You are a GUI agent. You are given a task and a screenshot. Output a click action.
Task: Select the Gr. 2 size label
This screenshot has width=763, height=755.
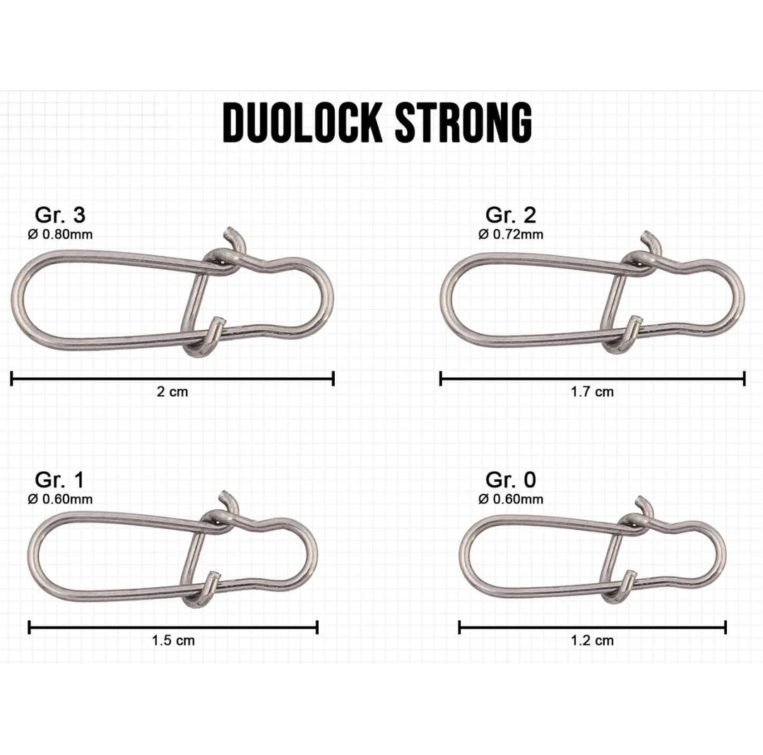510,215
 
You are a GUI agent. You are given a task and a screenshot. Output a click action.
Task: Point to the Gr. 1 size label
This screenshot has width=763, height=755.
59,481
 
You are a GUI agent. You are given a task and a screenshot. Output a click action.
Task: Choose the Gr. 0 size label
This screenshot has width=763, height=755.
510,481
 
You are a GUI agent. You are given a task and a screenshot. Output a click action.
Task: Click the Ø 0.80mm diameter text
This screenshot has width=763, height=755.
60,235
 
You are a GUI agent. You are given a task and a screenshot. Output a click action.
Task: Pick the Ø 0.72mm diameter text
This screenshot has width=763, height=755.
511,235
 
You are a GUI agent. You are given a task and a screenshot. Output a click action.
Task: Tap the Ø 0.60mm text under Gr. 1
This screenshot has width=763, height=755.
60,500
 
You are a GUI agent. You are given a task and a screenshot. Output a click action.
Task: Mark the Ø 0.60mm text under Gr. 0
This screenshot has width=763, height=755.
511,500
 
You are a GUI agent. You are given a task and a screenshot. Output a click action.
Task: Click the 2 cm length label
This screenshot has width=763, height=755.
172,392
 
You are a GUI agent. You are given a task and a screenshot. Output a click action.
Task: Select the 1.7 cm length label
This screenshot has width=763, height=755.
592,392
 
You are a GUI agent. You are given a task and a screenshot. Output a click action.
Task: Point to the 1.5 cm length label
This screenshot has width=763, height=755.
172,641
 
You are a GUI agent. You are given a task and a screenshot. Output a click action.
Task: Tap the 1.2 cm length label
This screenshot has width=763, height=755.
592,641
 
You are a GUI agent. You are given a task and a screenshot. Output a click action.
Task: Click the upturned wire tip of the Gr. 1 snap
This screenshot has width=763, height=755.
225,496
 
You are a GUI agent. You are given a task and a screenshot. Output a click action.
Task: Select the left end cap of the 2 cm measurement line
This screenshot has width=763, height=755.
12,379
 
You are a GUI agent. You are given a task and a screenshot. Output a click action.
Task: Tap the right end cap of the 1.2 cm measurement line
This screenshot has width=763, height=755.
726,627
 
